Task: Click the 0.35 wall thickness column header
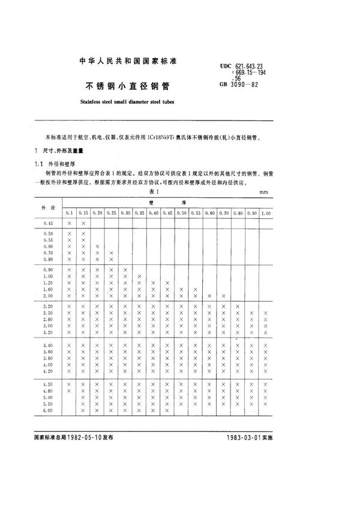139,213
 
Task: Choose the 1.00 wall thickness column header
266,213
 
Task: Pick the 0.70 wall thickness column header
223,213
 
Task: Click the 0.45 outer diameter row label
48,223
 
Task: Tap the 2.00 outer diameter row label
48,296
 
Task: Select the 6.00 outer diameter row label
48,411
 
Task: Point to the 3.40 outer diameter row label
48,345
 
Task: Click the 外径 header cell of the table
48,207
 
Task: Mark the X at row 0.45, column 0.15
83,223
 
